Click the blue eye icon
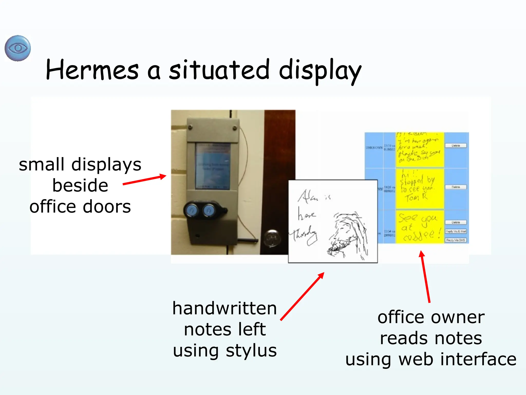click(18, 48)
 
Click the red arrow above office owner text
click(425, 276)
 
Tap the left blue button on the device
click(191, 211)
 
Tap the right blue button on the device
click(209, 211)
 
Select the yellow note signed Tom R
click(419, 188)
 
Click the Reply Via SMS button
click(455, 240)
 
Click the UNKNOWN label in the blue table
click(374, 148)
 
